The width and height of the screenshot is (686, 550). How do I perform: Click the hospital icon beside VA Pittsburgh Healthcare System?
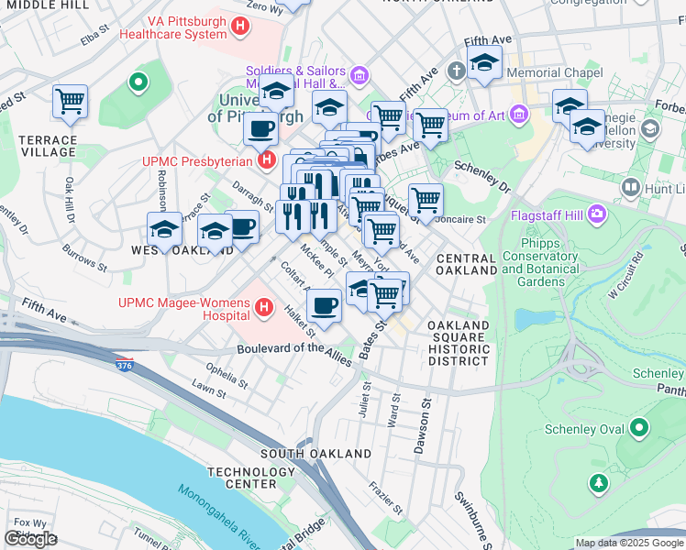pyautogui.click(x=240, y=27)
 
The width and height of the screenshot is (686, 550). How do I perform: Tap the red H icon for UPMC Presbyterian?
pyautogui.click(x=267, y=161)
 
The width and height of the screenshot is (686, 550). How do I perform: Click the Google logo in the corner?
pyautogui.click(x=30, y=538)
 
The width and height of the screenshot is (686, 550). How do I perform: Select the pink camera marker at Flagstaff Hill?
pyautogui.click(x=598, y=215)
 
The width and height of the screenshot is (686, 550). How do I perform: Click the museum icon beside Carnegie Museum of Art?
pyautogui.click(x=520, y=115)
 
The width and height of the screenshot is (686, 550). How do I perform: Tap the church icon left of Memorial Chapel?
pyautogui.click(x=457, y=71)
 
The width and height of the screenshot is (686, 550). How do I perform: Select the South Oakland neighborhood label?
pyautogui.click(x=315, y=454)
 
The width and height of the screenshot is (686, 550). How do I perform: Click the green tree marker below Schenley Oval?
pyautogui.click(x=600, y=482)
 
